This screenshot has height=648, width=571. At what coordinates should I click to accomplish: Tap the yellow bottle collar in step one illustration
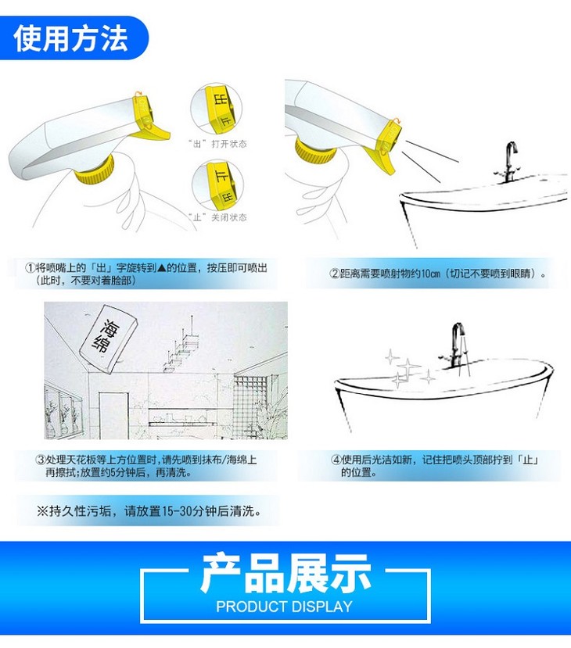pos(95,170)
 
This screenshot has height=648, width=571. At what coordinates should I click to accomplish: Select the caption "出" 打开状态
pos(217,144)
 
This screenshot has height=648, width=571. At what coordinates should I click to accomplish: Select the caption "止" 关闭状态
pos(217,217)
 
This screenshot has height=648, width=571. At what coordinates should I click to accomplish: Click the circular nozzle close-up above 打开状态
pos(216,109)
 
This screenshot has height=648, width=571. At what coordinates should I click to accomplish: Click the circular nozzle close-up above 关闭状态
pos(217,184)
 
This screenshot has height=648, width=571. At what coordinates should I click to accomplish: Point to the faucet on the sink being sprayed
pos(508,162)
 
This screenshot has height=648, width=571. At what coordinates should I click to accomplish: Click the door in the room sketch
pos(113,415)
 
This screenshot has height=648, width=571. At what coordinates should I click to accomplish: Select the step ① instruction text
pos(146,274)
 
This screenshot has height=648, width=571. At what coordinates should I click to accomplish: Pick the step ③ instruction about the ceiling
pos(146,466)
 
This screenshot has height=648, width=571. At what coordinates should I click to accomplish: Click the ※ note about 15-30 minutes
pos(149,511)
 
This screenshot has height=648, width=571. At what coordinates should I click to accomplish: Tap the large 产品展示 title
pos(286,573)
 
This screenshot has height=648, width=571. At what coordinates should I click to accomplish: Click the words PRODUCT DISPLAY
pos(285,607)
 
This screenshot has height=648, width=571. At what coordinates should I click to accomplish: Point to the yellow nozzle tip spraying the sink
pos(391,136)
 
